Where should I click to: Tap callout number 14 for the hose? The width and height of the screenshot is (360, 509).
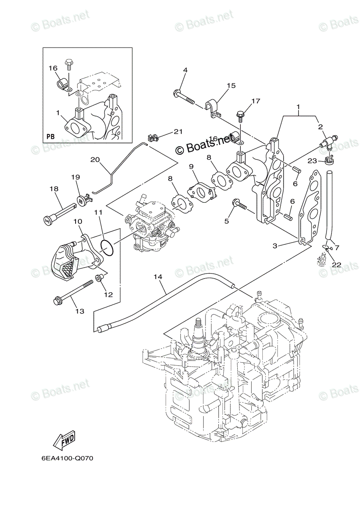[x=158, y=277]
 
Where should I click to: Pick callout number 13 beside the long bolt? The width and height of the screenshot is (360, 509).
[x=79, y=311]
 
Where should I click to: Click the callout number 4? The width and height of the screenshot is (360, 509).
[x=185, y=70]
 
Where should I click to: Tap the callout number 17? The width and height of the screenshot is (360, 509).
[x=255, y=101]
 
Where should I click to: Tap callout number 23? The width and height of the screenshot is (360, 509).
[x=312, y=160]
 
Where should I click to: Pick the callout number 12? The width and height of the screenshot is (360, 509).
[x=109, y=294]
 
